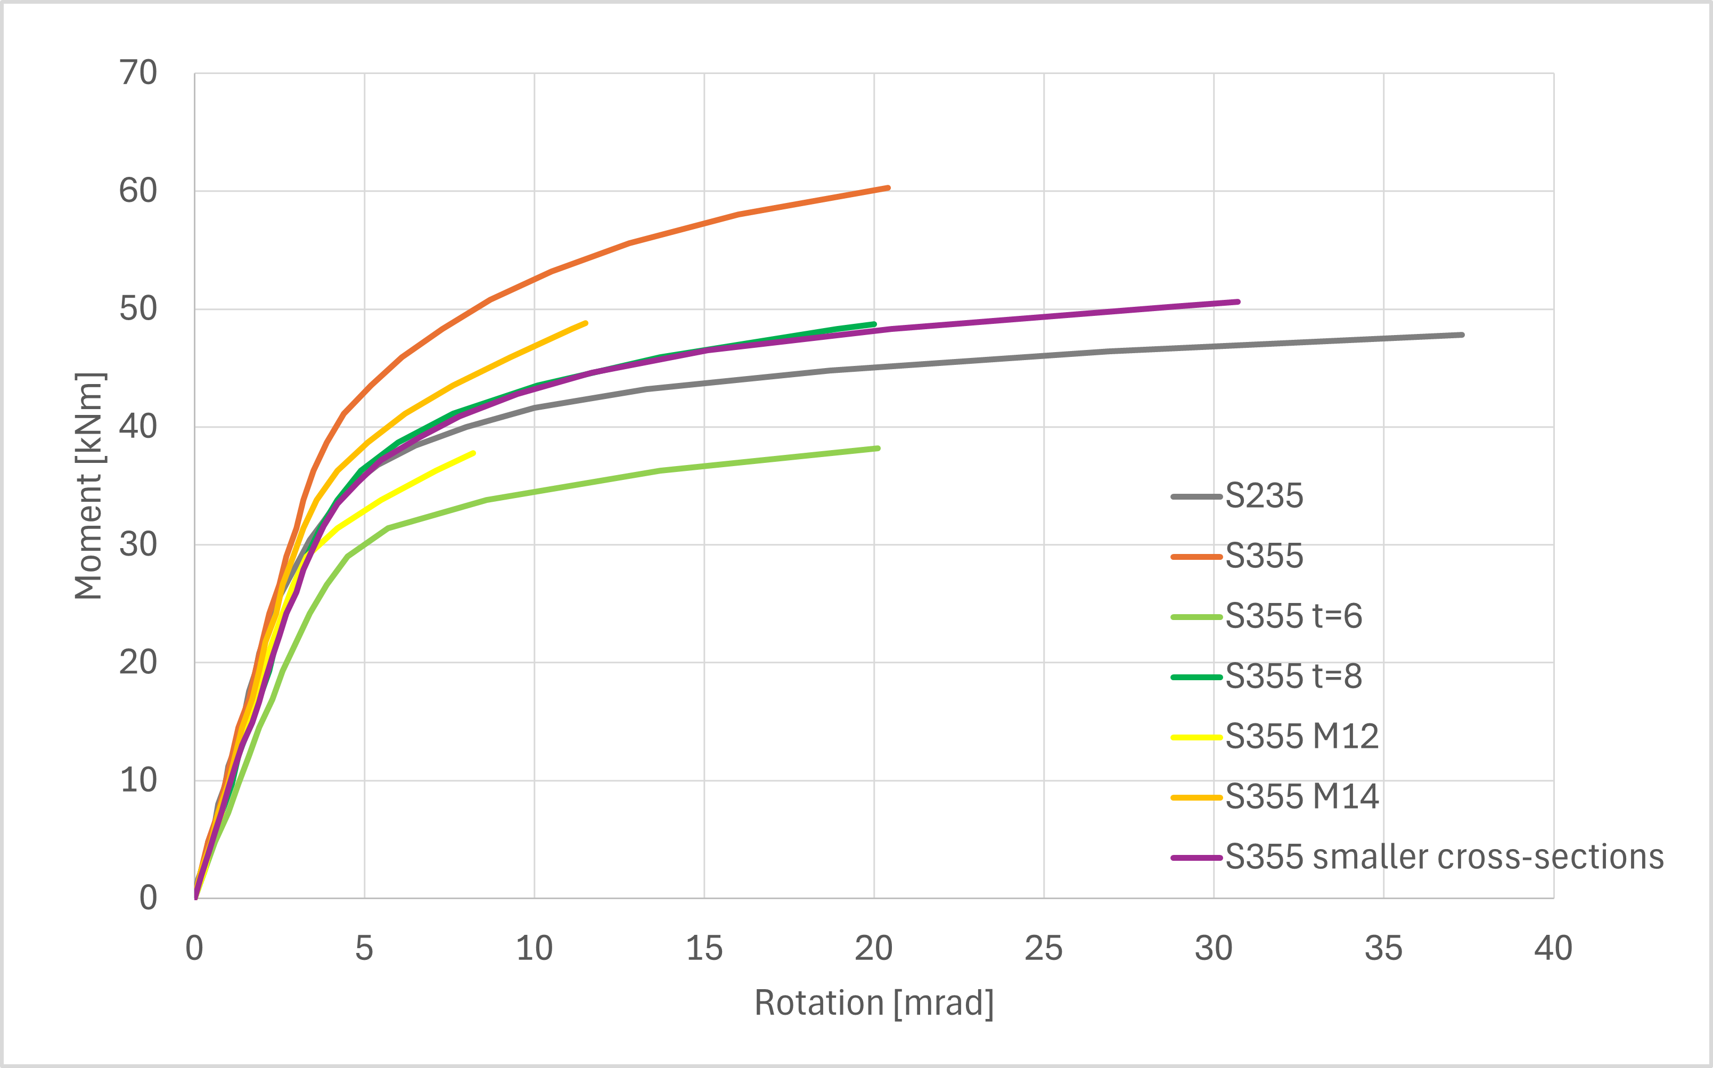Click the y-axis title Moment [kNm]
pyautogui.click(x=89, y=486)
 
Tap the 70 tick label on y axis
pyautogui.click(x=138, y=73)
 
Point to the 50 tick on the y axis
pyautogui.click(x=138, y=308)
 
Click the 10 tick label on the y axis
pyautogui.click(x=138, y=780)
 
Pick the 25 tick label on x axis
pyautogui.click(x=1044, y=949)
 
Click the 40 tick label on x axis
pyautogui.click(x=1553, y=949)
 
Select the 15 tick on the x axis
pyautogui.click(x=704, y=949)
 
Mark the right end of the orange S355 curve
pyautogui.click(x=888, y=188)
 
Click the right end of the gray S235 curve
pyautogui.click(x=1462, y=335)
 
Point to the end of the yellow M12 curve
pyautogui.click(x=473, y=453)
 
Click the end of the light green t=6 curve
pyautogui.click(x=878, y=449)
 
